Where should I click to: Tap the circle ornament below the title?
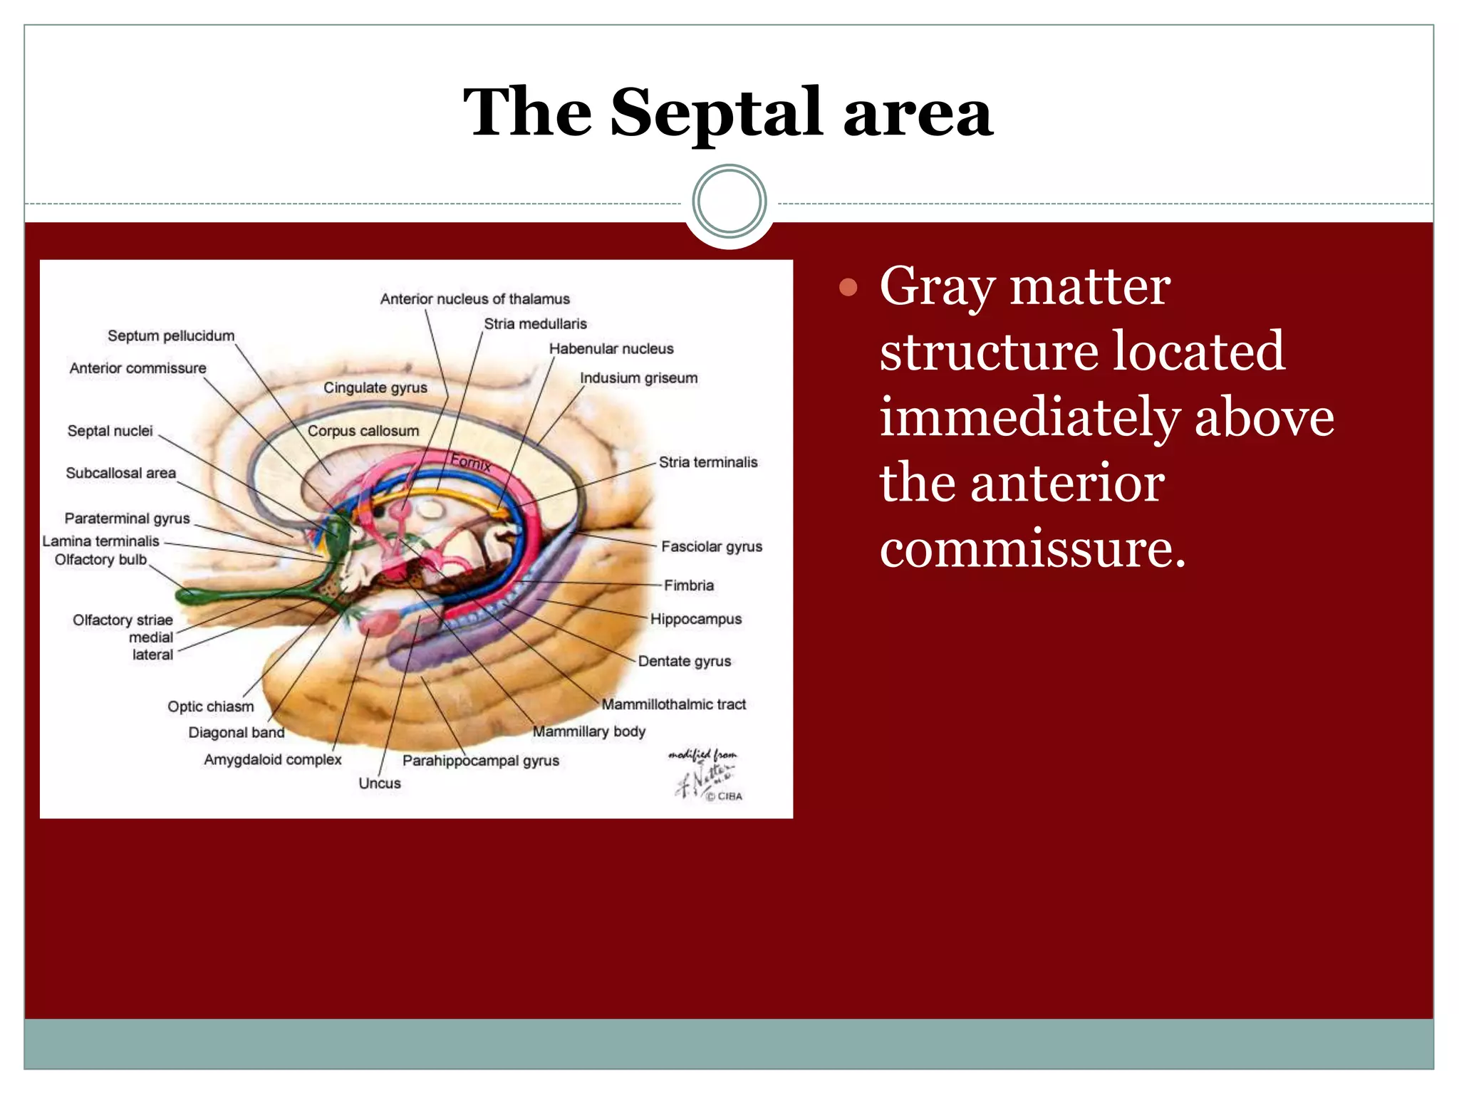[x=729, y=202]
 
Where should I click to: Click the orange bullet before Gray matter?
[x=848, y=288]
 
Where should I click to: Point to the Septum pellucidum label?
[x=171, y=335]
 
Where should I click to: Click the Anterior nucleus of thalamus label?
[x=474, y=299]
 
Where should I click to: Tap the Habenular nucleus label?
[x=611, y=349]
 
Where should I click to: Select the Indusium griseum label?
[x=638, y=378]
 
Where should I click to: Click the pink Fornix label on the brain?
[x=471, y=462]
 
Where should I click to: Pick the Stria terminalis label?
[x=707, y=462]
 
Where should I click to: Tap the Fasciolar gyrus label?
[x=711, y=546]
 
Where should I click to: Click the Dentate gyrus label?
[x=684, y=661]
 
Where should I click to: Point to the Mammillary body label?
[x=588, y=731]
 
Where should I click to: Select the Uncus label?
[x=379, y=783]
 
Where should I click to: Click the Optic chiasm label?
[x=210, y=707]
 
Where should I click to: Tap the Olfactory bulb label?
[x=100, y=560]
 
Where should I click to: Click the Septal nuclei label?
[x=110, y=431]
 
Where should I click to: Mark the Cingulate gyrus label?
[x=375, y=387]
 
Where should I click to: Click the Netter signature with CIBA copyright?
[x=705, y=776]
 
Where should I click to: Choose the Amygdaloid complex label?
[x=272, y=760]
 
